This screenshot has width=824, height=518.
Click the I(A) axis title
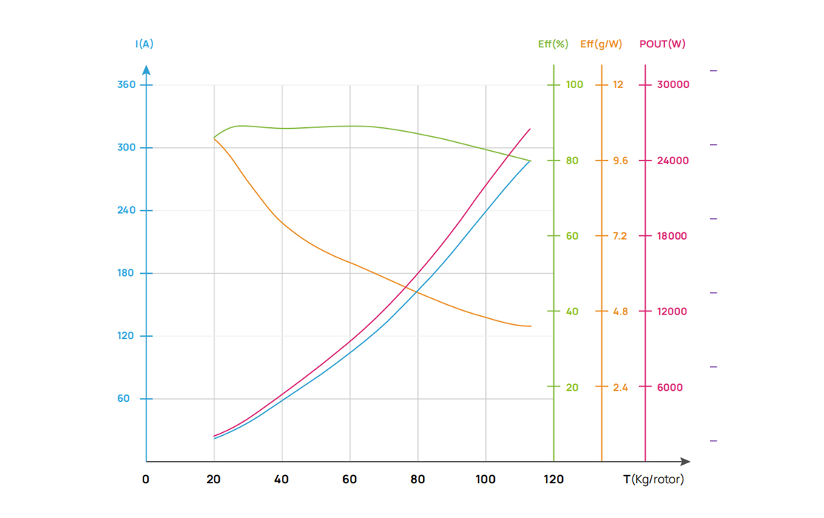144,44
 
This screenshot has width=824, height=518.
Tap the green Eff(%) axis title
553,44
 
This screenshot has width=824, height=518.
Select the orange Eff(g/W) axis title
601,44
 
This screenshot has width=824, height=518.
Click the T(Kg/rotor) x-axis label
654,480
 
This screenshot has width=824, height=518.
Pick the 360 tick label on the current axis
126,84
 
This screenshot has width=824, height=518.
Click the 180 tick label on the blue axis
126,273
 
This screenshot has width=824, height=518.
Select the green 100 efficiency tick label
575,84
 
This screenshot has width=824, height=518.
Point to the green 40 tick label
573,312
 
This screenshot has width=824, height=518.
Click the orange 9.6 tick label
620,161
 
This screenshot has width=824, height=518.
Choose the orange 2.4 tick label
620,388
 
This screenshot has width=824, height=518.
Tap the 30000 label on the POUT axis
673,84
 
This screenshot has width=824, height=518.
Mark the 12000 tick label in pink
672,312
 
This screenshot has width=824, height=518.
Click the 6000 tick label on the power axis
670,388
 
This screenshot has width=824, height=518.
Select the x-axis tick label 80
418,480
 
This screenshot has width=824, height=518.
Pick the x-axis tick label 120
553,480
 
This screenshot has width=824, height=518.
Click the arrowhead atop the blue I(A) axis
146,70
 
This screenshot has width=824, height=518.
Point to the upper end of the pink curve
530,129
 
